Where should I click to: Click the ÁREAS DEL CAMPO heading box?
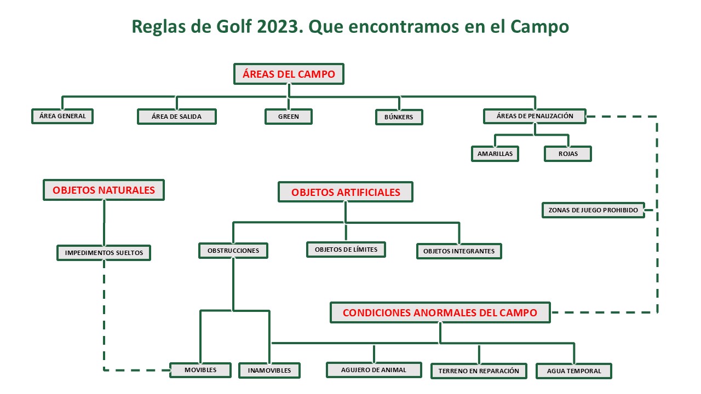click(x=289, y=74)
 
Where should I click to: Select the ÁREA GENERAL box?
click(x=62, y=117)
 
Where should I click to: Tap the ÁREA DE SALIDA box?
click(x=176, y=117)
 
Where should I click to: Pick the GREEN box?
click(x=289, y=117)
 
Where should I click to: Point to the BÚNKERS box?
click(x=399, y=117)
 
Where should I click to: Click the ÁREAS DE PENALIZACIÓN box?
click(x=535, y=116)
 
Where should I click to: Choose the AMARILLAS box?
click(x=495, y=154)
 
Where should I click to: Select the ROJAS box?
click(x=568, y=154)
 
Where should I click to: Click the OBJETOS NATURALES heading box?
click(x=104, y=190)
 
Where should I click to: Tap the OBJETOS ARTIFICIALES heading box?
click(x=346, y=193)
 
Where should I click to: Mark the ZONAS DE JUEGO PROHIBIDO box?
click(x=593, y=210)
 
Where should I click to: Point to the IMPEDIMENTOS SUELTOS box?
click(x=104, y=253)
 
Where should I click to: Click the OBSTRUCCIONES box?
click(x=233, y=251)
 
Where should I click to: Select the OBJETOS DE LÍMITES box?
click(x=346, y=250)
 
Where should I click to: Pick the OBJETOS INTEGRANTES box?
click(x=459, y=251)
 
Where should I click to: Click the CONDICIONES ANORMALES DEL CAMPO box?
click(x=440, y=313)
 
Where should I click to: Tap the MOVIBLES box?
click(x=200, y=370)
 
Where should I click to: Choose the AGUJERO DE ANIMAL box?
click(x=374, y=370)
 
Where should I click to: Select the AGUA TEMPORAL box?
click(x=574, y=371)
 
